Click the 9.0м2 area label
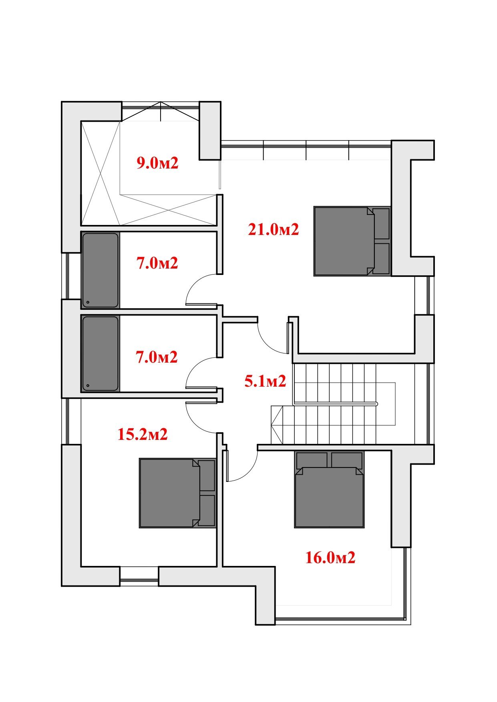157,163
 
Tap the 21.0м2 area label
274,230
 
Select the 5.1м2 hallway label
266,381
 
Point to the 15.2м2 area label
143,434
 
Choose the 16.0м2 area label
330,558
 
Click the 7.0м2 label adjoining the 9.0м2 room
157,263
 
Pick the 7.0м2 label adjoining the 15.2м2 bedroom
157,357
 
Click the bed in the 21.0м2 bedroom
352,241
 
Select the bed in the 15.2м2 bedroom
178,493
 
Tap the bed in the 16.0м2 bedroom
329,489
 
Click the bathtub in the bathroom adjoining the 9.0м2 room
101,270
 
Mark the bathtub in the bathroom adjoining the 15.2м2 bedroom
101,353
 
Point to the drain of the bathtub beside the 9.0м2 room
88,302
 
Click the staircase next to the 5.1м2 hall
334,403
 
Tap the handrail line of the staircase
336,404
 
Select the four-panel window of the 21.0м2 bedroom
306,150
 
